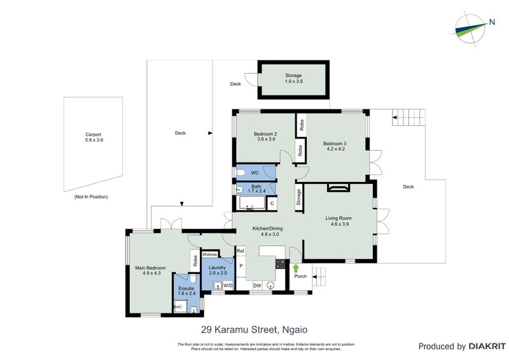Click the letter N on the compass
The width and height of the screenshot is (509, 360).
pyautogui.click(x=492, y=23)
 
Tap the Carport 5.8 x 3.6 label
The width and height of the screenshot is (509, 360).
pyautogui.click(x=94, y=137)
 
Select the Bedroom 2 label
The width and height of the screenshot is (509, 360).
pyautogui.click(x=265, y=137)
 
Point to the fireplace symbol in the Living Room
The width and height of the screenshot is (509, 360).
pyautogui.click(x=338, y=187)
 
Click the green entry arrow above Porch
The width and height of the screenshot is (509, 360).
pyautogui.click(x=296, y=268)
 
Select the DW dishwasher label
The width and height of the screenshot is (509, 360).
pyautogui.click(x=256, y=286)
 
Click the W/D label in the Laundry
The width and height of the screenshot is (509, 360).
pyautogui.click(x=227, y=286)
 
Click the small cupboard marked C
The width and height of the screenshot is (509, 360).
pyautogui.click(x=272, y=204)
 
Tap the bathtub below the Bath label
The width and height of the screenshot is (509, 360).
pyautogui.click(x=253, y=204)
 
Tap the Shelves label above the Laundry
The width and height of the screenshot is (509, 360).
pyautogui.click(x=209, y=254)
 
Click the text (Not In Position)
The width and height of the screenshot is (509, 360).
pyautogui.click(x=90, y=197)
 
